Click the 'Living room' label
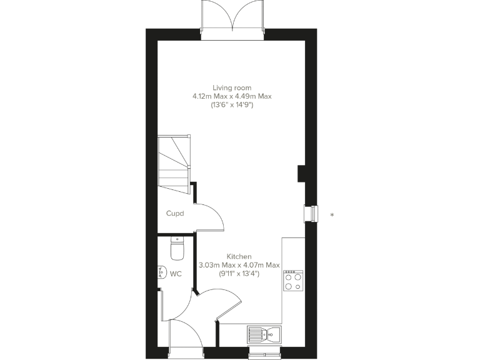click(x=232, y=87)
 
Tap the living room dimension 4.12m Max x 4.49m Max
click(x=232, y=96)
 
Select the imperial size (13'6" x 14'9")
click(x=232, y=106)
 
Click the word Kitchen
click(x=239, y=256)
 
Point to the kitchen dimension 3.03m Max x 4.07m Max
click(x=239, y=265)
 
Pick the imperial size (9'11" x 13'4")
click(x=239, y=274)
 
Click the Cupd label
click(x=174, y=213)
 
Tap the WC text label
click(x=176, y=274)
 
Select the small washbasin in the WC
click(x=162, y=272)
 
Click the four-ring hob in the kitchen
click(x=293, y=281)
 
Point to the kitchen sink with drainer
click(x=264, y=334)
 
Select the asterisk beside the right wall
click(x=332, y=215)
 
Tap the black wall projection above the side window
click(x=301, y=172)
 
